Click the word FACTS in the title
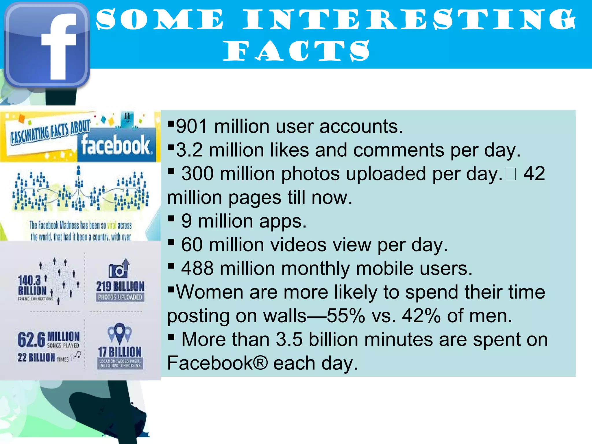[296, 51]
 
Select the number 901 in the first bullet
[192, 126]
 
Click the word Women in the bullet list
[210, 292]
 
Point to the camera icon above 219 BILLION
[119, 269]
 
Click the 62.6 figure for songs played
[31, 340]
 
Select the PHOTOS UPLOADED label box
[120, 297]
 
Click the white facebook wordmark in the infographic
[116, 145]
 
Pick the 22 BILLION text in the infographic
[36, 358]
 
